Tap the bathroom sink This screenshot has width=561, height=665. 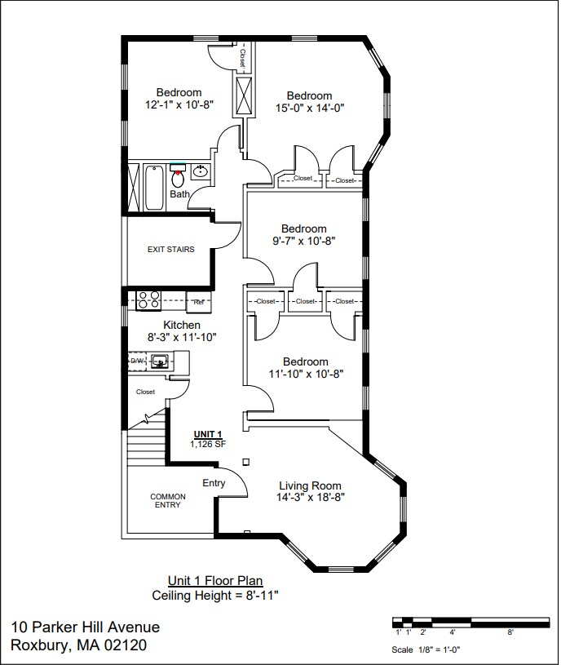coord(200,171)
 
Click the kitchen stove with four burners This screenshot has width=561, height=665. coord(148,300)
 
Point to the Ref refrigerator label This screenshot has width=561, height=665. coord(198,301)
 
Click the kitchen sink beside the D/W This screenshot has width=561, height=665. coord(160,360)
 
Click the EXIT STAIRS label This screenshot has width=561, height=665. coord(170,249)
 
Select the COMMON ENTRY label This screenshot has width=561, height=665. coord(168,501)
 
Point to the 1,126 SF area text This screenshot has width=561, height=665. coord(207,445)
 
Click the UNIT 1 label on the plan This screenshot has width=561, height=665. coord(207,434)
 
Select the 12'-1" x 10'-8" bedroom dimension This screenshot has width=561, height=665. coord(179,104)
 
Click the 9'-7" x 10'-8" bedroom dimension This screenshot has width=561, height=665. coord(304,241)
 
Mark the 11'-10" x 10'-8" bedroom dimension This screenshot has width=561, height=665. coord(306,374)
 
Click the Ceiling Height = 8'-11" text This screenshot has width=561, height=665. coord(215,596)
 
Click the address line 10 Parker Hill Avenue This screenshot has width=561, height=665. coord(86,627)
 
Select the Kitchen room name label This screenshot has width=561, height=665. coord(182,325)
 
